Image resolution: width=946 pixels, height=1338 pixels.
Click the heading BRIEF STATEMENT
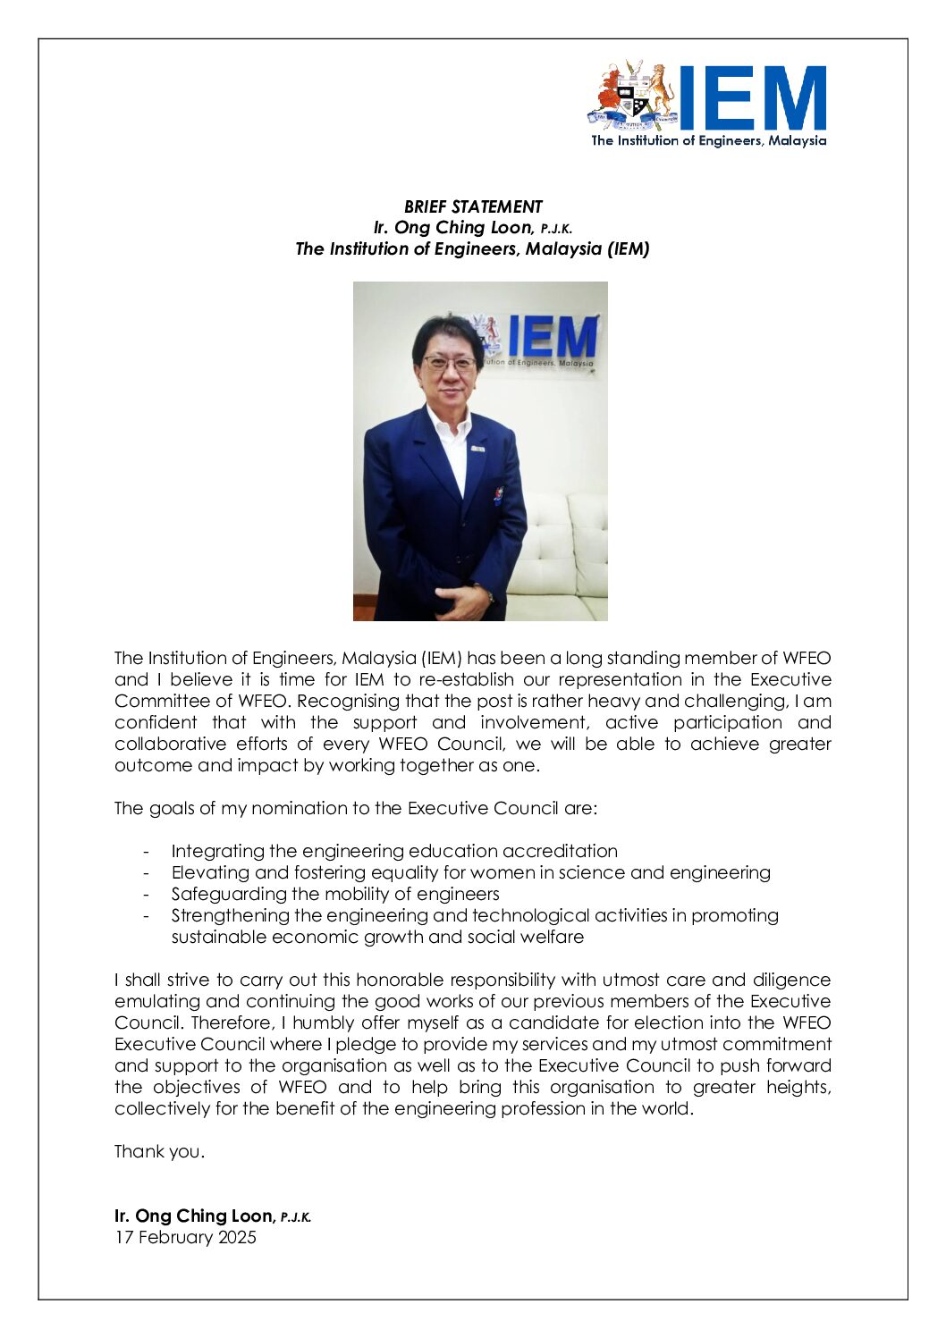coord(473,206)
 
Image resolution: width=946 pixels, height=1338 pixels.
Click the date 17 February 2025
coord(185,1237)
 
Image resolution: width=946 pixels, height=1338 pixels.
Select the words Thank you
coord(159,1151)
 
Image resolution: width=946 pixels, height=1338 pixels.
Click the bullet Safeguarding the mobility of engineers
coord(335,894)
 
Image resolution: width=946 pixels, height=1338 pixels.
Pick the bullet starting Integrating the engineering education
coord(394,851)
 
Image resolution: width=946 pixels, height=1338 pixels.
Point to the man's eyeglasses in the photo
coord(449,363)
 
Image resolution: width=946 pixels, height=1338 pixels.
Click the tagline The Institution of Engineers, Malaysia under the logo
coord(708,140)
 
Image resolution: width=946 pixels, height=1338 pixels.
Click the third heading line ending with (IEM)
coord(472,249)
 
